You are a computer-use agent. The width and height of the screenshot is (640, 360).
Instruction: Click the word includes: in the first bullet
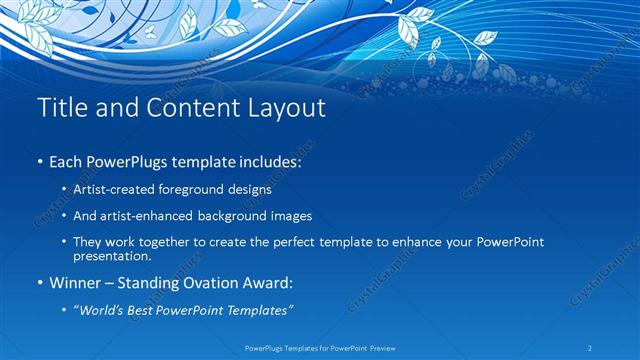click(x=268, y=160)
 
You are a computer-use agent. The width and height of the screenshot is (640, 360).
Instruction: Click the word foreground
click(x=204, y=188)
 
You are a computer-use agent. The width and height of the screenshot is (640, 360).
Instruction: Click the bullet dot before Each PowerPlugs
click(x=39, y=161)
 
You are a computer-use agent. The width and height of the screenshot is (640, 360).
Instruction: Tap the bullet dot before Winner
click(x=39, y=284)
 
